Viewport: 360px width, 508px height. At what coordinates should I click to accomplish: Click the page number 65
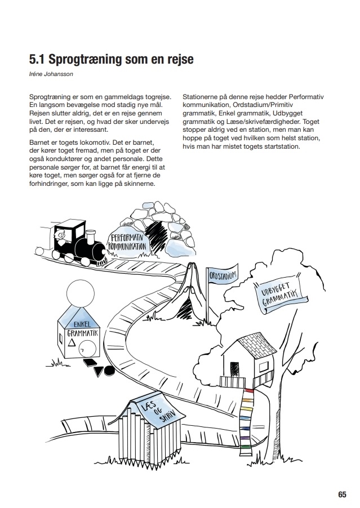342,494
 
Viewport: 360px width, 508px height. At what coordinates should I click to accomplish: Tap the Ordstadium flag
223,275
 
